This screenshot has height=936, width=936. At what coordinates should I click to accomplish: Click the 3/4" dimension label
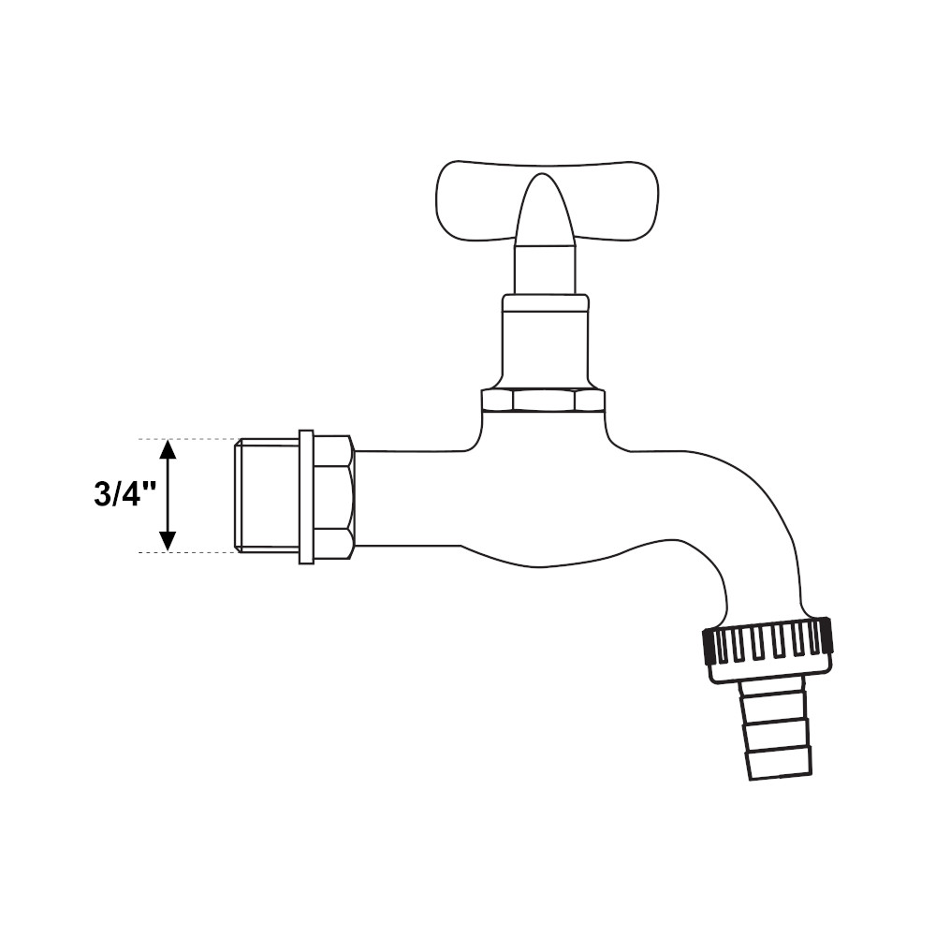coord(124,495)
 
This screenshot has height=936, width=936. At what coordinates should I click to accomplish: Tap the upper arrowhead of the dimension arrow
coord(168,449)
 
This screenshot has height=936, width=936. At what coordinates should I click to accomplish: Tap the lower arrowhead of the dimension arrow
coord(168,541)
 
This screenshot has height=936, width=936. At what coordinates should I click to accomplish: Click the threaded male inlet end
coord(266,495)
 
